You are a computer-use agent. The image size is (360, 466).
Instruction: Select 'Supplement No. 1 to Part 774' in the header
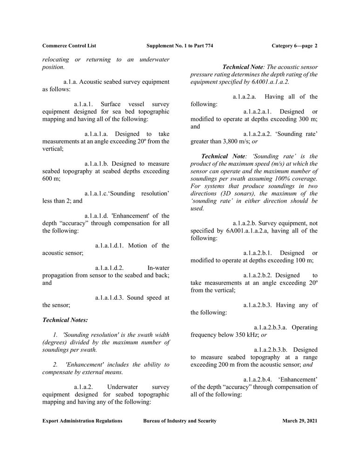click(180, 46)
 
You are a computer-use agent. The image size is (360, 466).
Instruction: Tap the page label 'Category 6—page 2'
click(294, 46)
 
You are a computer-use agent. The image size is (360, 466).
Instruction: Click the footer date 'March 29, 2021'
click(300, 421)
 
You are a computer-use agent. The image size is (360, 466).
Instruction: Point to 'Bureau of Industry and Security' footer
click(180, 421)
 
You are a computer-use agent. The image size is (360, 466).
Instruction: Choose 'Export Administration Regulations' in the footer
click(82, 421)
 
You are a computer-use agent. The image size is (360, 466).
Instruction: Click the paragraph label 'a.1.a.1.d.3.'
click(111, 298)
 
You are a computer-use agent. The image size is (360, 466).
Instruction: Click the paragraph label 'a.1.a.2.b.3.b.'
click(272, 350)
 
